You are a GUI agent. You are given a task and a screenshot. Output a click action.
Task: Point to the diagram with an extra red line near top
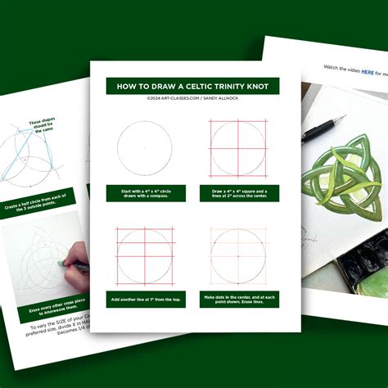[145, 255]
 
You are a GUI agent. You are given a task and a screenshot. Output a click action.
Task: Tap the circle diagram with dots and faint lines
[239, 255]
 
